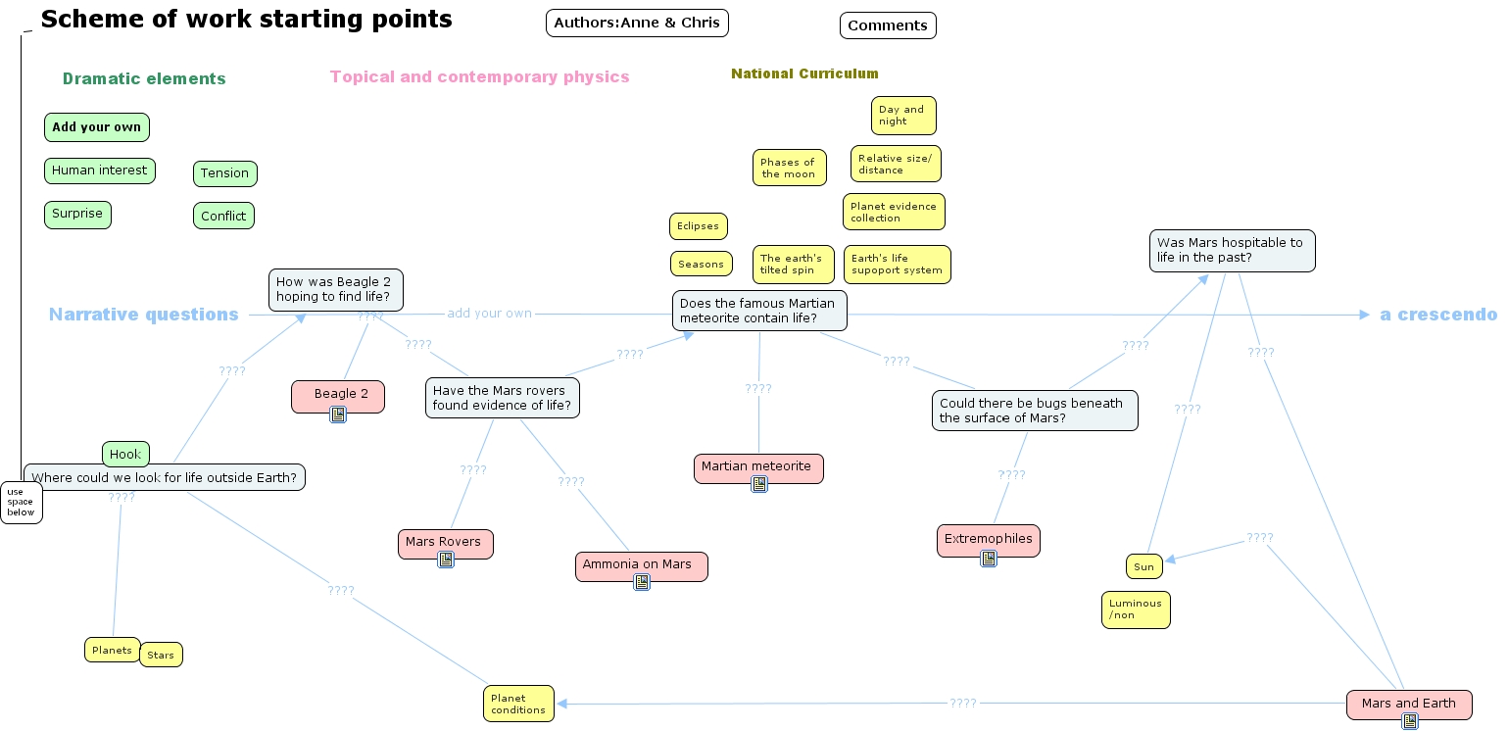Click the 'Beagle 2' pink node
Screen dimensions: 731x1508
click(x=338, y=394)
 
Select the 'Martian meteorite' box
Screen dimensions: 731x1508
click(x=757, y=467)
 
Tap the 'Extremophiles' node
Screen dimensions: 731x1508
click(x=988, y=539)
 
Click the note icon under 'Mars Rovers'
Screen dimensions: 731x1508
click(x=446, y=560)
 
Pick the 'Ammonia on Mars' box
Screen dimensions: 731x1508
click(x=641, y=565)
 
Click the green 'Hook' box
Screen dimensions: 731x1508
click(x=125, y=454)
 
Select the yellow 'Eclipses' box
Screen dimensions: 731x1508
click(x=698, y=226)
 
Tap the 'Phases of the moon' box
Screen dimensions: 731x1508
click(x=789, y=168)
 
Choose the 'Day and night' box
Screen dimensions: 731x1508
click(x=902, y=116)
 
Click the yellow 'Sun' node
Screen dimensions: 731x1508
click(x=1143, y=566)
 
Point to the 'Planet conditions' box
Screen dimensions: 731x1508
click(x=518, y=704)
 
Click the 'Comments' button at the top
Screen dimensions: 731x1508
click(x=888, y=25)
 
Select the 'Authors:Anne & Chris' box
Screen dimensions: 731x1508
click(x=637, y=23)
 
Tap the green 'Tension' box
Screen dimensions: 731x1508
click(x=224, y=173)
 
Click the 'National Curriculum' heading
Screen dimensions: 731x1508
click(x=804, y=73)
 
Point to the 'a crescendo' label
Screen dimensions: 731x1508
click(x=1437, y=315)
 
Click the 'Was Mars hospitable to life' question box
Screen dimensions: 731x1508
click(x=1232, y=251)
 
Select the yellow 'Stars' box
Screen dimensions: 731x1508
click(x=161, y=655)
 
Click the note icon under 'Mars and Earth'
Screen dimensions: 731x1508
click(x=1410, y=721)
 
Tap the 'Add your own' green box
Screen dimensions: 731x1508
click(x=96, y=127)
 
